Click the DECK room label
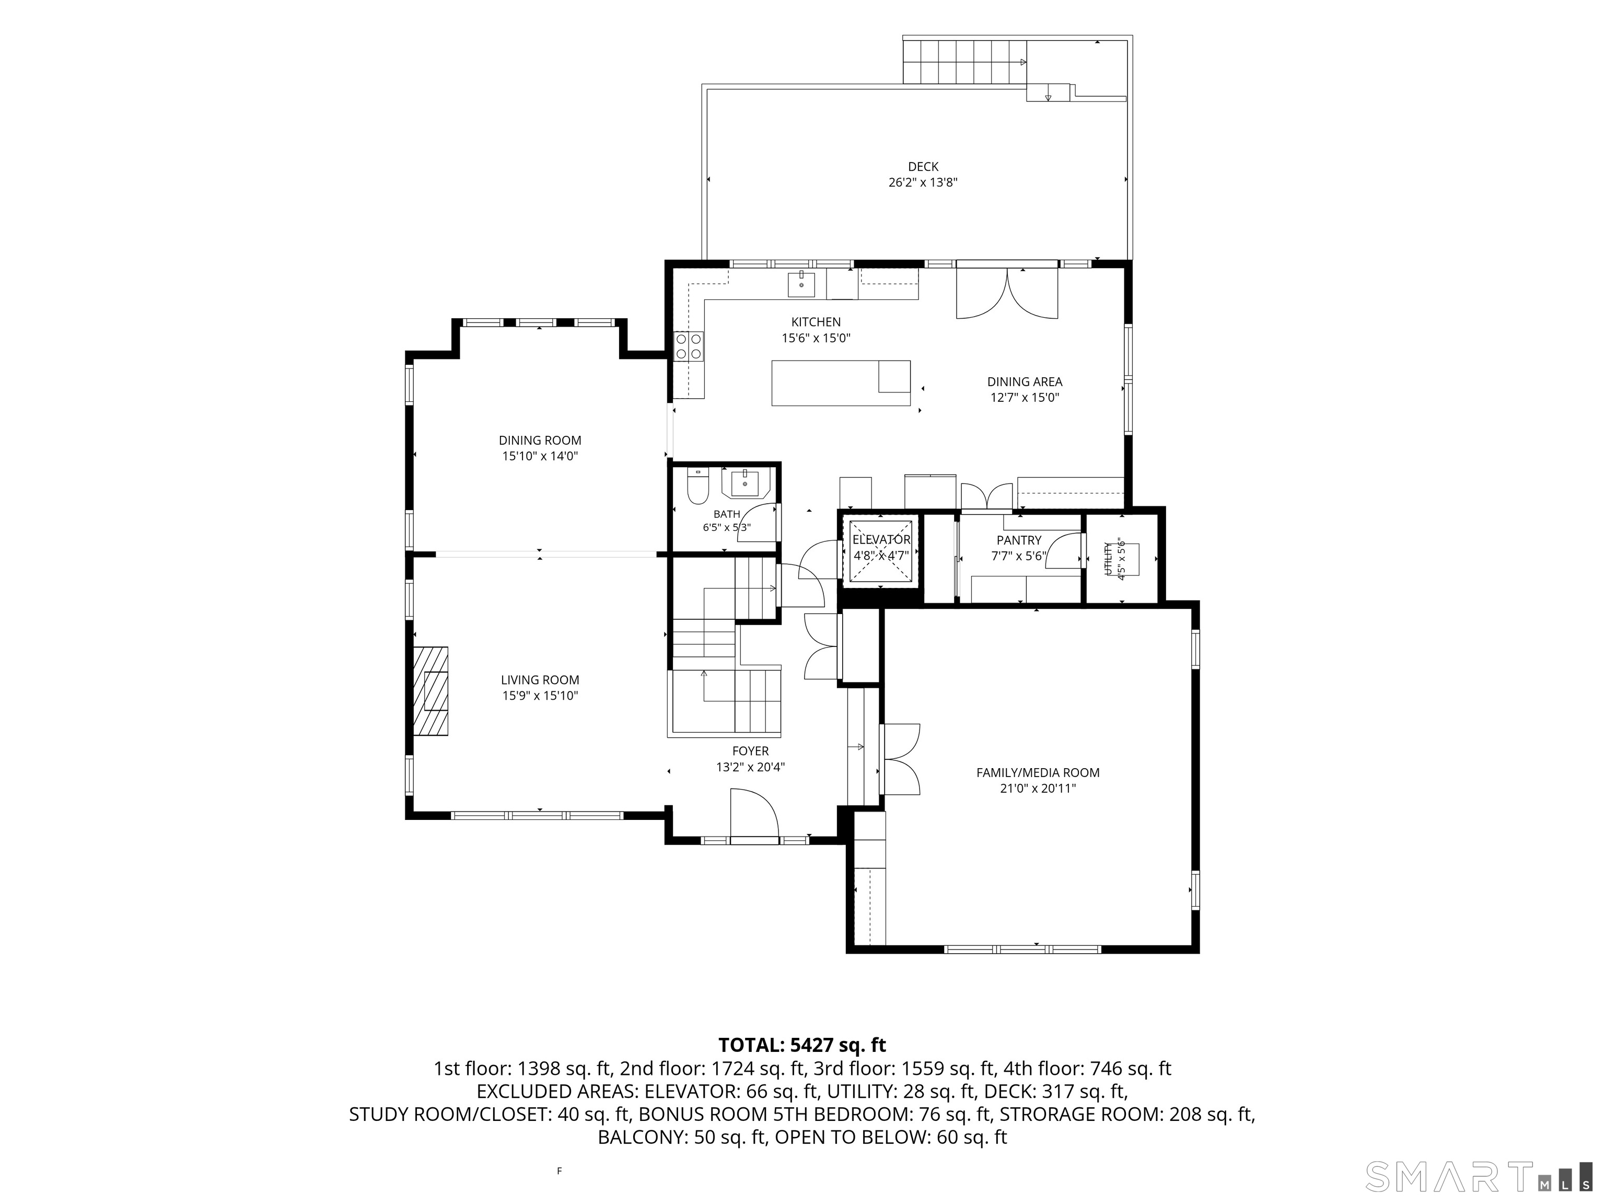(923, 167)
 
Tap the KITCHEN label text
(816, 322)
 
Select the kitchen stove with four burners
(689, 345)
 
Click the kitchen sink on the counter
(801, 284)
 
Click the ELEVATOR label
(881, 540)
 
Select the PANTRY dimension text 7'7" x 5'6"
(1019, 557)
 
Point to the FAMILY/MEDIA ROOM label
(1038, 773)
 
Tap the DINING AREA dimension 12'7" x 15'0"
(1025, 398)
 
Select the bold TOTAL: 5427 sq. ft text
(802, 1045)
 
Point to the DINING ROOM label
(540, 441)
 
